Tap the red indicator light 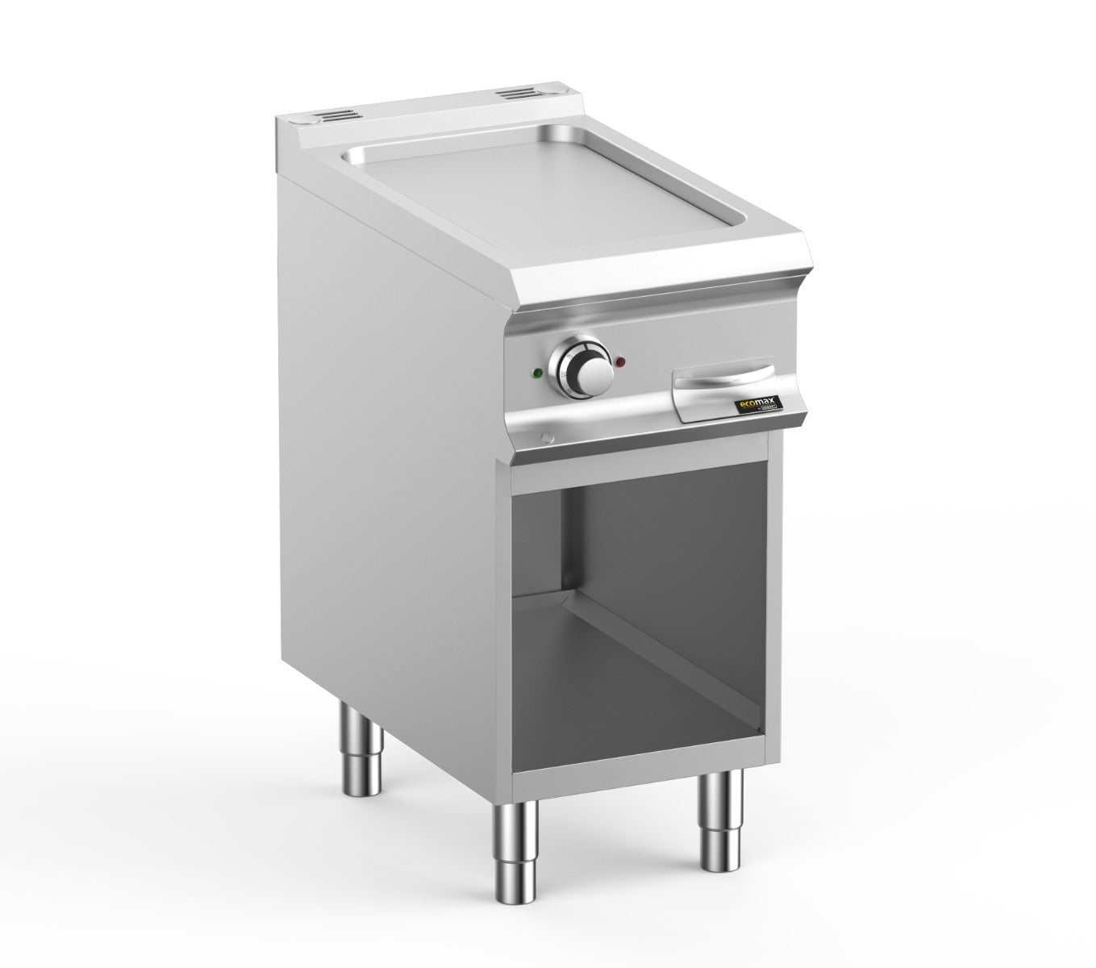click(619, 361)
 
